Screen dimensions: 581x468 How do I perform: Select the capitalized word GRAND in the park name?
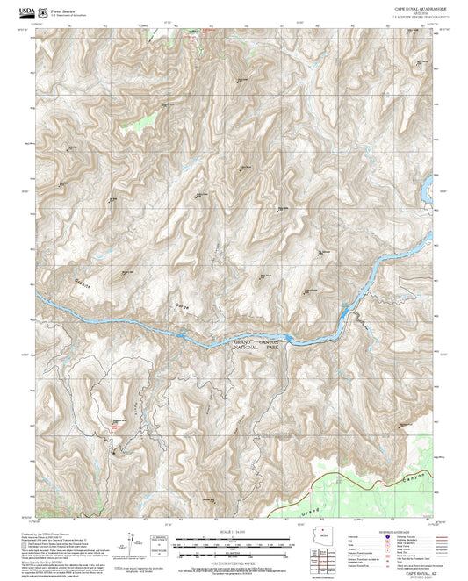pos(242,341)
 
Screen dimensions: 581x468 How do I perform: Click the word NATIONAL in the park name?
pos(248,348)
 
